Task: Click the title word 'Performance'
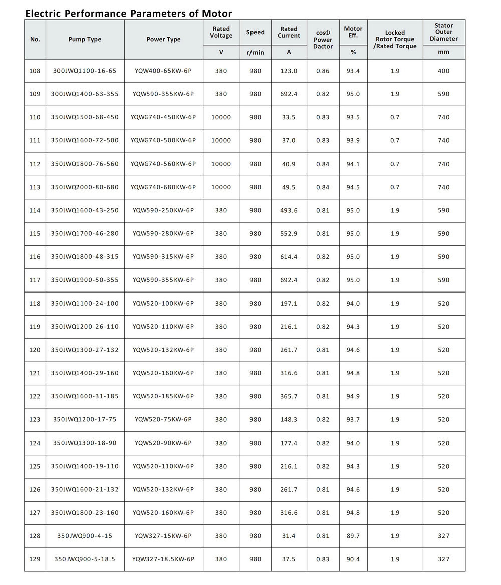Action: [x=93, y=13]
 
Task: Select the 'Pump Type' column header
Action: [x=85, y=39]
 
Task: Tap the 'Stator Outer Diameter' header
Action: [x=443, y=32]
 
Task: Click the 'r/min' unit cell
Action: [x=255, y=52]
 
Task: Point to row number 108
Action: [x=35, y=71]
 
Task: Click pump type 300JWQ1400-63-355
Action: [x=85, y=94]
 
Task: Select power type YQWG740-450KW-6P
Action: [x=163, y=117]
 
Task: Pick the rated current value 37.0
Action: [x=289, y=140]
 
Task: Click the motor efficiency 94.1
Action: [x=353, y=164]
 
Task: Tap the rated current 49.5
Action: [x=289, y=187]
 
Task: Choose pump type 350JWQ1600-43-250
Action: [x=85, y=210]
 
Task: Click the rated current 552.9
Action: [x=289, y=233]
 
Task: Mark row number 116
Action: [x=35, y=257]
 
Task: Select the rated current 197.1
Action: [x=289, y=303]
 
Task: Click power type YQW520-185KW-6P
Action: [x=163, y=396]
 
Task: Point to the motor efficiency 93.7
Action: [x=353, y=419]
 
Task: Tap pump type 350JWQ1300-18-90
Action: [x=85, y=443]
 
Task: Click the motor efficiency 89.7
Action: [x=353, y=536]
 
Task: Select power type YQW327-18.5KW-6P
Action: [x=163, y=559]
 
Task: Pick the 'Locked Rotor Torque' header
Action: [x=395, y=39]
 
